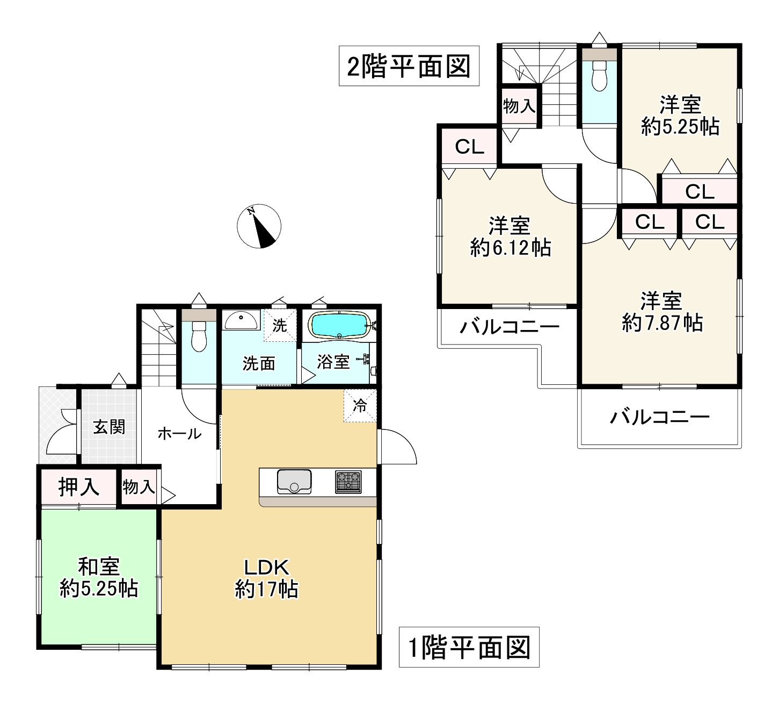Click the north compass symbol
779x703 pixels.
coord(259,226)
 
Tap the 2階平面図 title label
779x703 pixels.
coord(409,66)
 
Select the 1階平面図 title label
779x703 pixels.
coord(469,647)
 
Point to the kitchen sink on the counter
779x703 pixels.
coord(294,481)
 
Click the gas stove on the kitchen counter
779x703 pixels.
coord(348,481)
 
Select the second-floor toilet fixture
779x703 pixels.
coord(599,75)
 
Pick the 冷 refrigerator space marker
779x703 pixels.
coord(360,406)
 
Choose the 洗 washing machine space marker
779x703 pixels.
coord(279,326)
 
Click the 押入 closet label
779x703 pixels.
coord(78,487)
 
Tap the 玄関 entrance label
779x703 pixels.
coord(109,427)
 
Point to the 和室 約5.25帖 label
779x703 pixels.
coord(99,577)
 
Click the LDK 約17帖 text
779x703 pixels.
coord(267,578)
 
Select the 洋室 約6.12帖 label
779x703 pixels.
coord(509,236)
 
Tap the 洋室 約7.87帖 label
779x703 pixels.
coord(661,312)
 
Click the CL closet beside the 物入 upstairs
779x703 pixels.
coord(469,146)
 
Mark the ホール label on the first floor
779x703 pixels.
coord(179,433)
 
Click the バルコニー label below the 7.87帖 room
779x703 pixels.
coord(660,417)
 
